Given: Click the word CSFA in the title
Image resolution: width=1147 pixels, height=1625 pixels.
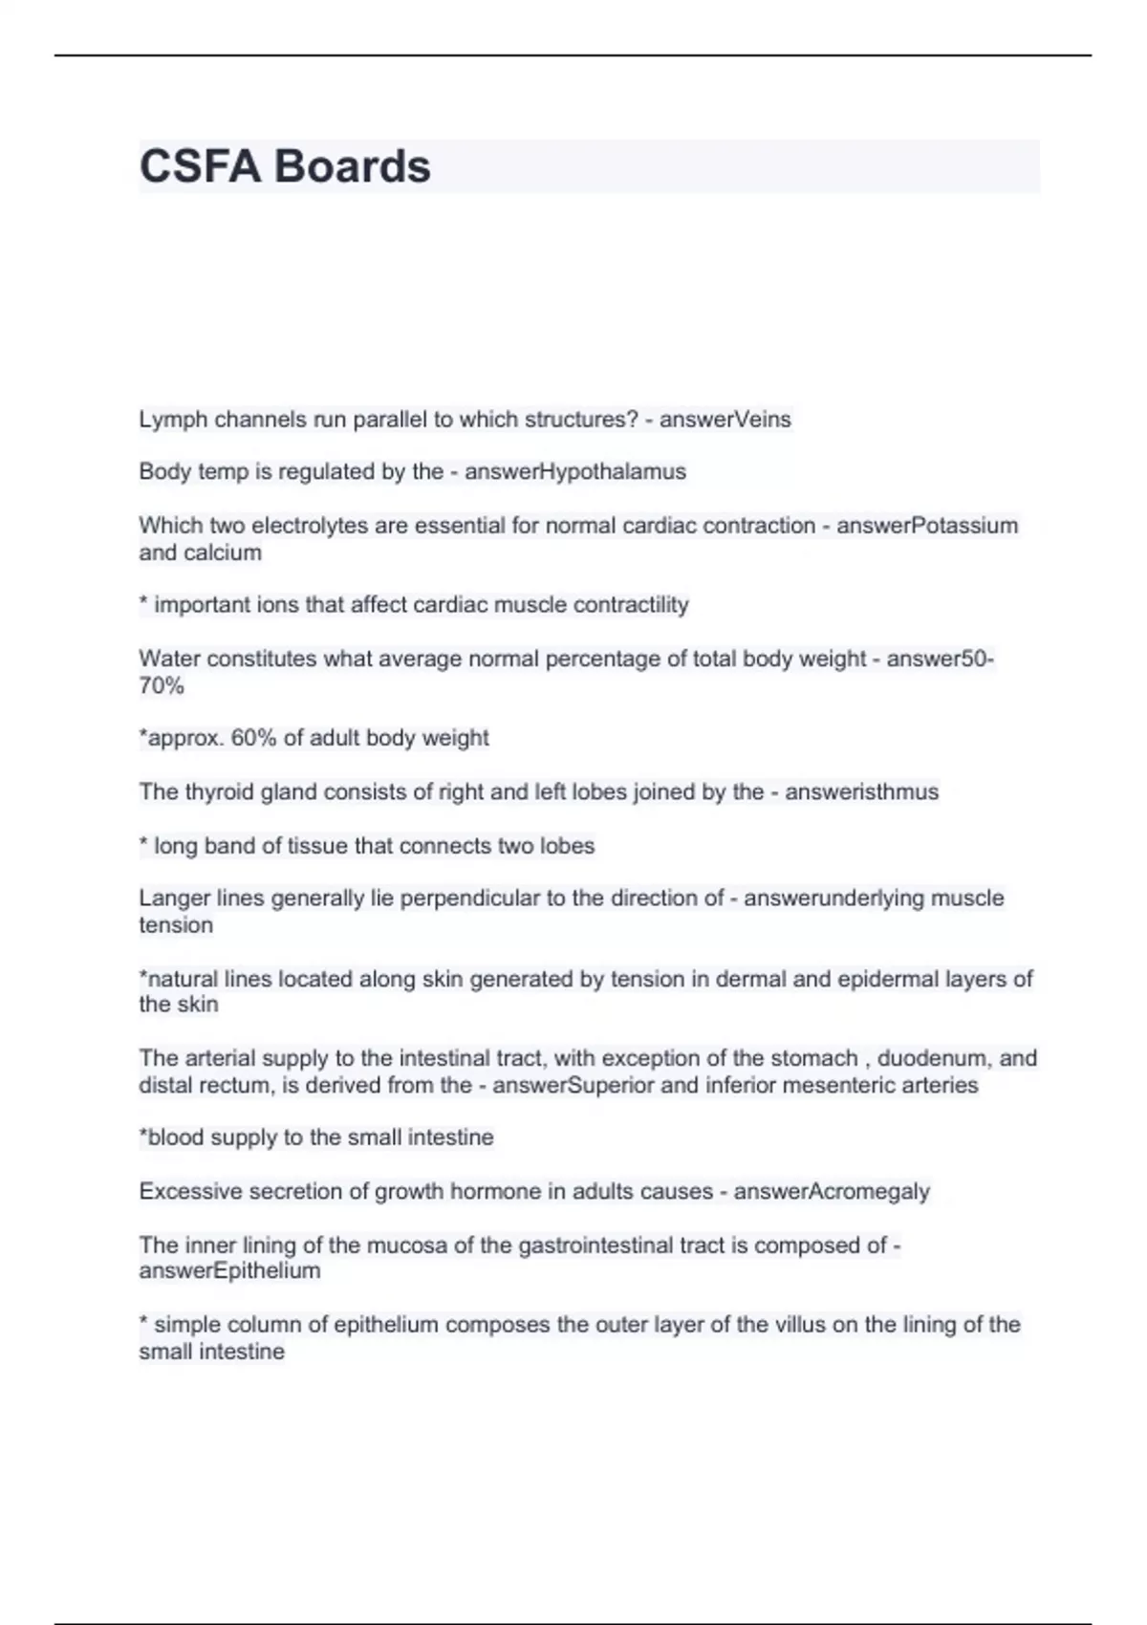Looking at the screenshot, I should [x=200, y=166].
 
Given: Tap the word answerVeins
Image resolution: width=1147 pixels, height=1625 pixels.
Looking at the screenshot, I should [x=725, y=420].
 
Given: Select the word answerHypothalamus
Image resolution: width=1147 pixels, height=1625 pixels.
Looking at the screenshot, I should [x=575, y=471].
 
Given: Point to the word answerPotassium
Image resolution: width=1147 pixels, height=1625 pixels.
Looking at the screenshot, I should [x=927, y=526].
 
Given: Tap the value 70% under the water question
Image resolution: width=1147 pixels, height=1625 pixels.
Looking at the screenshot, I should [x=162, y=686].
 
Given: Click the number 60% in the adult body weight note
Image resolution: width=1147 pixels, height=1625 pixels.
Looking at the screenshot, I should [x=254, y=738].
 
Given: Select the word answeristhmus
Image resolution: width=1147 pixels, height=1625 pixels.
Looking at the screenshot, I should [x=861, y=792].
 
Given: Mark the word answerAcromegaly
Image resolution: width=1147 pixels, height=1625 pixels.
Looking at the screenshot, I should [x=832, y=1192].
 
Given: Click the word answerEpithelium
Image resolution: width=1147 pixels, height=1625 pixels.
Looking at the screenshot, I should [x=229, y=1271].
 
